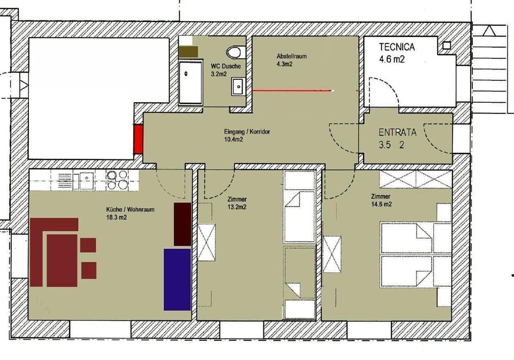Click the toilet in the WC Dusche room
point(235,52)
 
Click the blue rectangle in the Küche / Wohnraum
point(177,279)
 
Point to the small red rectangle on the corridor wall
point(139,139)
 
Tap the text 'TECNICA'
point(397,47)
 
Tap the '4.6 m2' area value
point(392,59)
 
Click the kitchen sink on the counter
point(86,180)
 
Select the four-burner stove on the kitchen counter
point(118,180)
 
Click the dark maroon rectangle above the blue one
point(183,224)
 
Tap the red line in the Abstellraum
point(292,91)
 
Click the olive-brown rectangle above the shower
point(188,52)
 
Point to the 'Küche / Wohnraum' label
point(130,210)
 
